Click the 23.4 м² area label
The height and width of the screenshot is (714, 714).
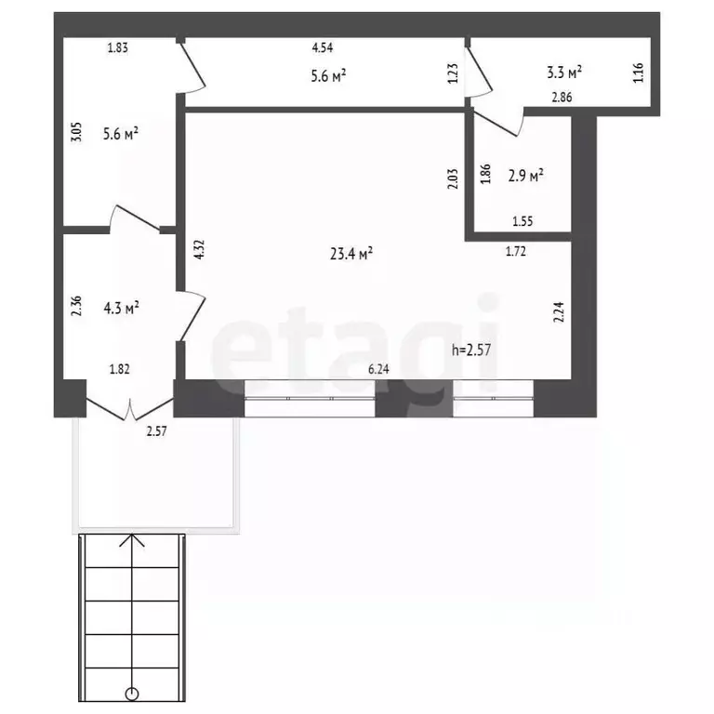(351, 253)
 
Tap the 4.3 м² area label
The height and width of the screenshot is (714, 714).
(121, 308)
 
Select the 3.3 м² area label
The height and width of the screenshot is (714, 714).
(564, 72)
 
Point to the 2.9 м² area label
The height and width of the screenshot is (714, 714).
(525, 176)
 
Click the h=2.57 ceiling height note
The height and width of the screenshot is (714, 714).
(471, 350)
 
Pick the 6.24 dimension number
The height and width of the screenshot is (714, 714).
(378, 369)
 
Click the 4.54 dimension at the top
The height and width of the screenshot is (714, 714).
(323, 47)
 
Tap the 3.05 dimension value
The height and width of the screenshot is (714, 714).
(76, 132)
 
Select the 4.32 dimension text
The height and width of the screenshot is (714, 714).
(199, 249)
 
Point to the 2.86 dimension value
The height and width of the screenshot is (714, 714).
(562, 97)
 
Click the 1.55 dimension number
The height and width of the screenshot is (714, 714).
(522, 221)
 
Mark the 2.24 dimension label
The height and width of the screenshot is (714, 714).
(559, 312)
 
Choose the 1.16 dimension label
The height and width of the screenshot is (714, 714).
(639, 73)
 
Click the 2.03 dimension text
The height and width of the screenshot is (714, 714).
(453, 178)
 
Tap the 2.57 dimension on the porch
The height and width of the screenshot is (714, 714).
(156, 430)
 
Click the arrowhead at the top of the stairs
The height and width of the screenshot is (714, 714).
(132, 540)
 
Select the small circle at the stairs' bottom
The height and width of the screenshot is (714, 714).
(132, 694)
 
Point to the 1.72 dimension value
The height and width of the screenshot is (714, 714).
(516, 251)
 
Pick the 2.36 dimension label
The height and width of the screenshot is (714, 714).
(76, 306)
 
